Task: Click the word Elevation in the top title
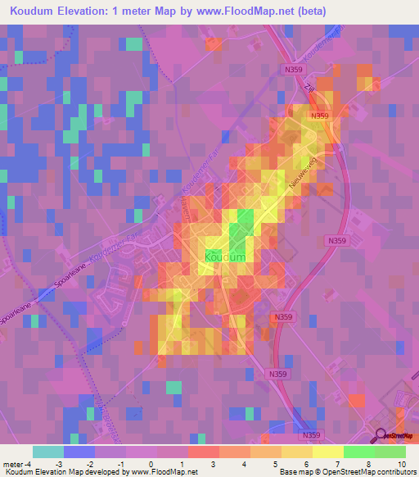[91, 11]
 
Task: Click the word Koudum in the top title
[34, 11]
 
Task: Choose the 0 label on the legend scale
[152, 463]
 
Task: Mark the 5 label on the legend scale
[277, 463]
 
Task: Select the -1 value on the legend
[121, 463]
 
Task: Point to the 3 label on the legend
[214, 463]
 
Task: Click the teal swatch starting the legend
[47, 452]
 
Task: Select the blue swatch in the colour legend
[79, 452]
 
